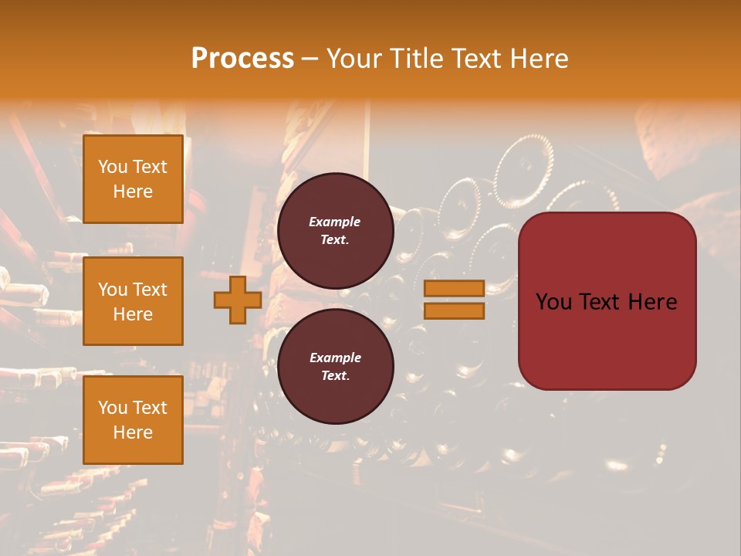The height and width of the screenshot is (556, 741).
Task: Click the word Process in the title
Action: point(242,59)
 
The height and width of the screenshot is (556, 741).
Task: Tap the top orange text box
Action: point(133,179)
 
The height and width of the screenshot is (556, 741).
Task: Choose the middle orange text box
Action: point(133,301)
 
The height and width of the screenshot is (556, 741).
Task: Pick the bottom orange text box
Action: point(133,419)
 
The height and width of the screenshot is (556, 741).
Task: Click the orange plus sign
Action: point(238,300)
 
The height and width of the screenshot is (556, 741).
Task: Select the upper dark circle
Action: point(335,231)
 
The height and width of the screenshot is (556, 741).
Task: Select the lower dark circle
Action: point(335,367)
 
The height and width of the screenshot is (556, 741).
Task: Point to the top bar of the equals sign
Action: point(454,289)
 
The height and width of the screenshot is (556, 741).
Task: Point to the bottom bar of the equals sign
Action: point(454,311)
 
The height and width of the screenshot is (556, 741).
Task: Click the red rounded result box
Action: point(607,301)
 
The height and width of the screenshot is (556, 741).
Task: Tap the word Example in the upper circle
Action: point(335,222)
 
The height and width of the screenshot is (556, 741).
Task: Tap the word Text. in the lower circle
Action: point(335,376)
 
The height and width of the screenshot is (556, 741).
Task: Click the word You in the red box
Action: point(553,302)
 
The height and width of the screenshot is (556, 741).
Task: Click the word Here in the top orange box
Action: point(133,192)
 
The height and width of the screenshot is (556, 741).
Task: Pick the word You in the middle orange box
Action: point(113,290)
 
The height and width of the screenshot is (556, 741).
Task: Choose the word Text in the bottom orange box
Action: point(150,408)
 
